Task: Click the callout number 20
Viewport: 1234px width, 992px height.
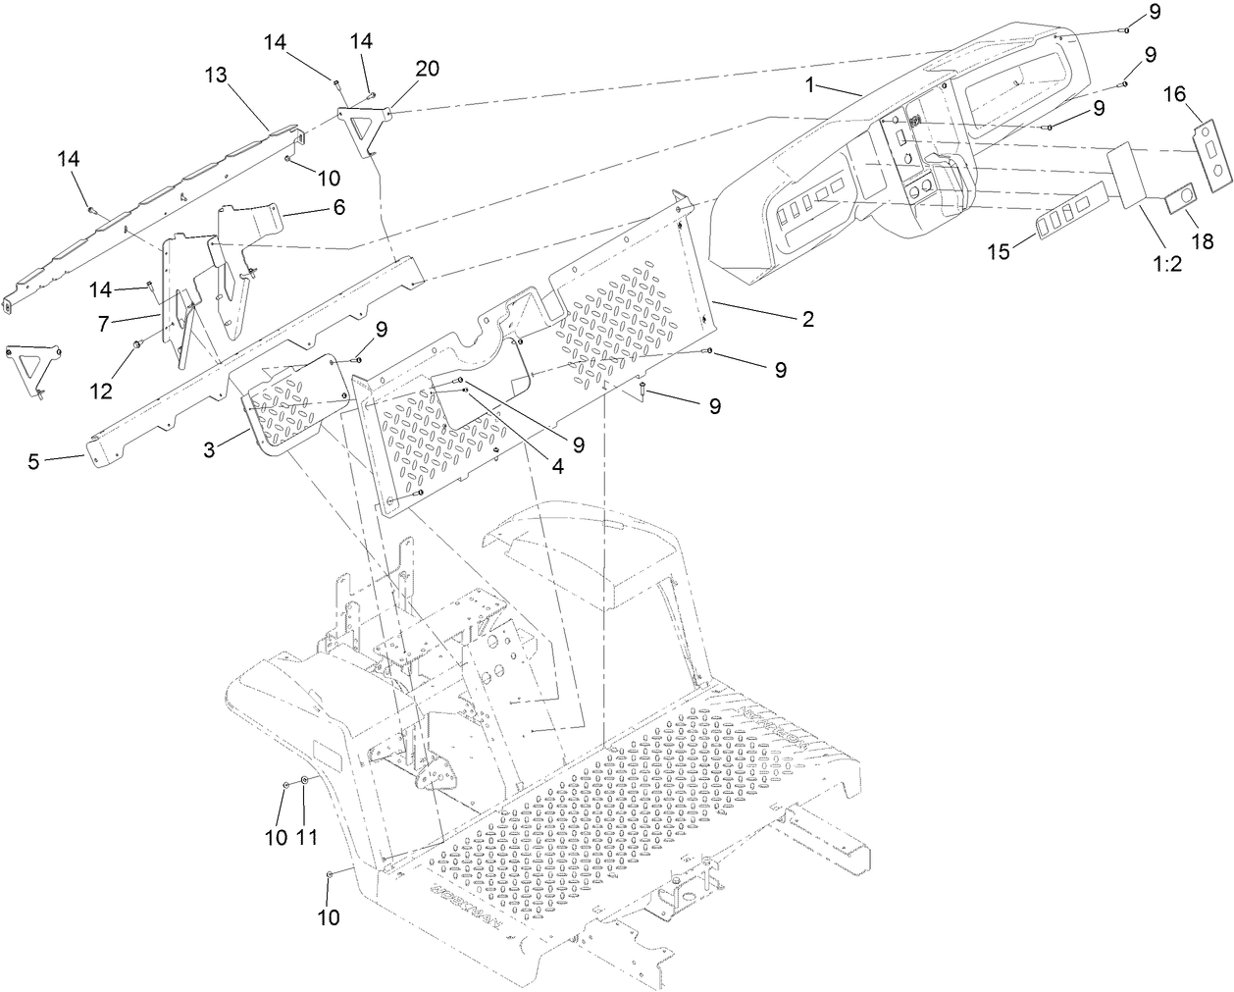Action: point(427,69)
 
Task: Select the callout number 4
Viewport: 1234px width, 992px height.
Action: point(556,468)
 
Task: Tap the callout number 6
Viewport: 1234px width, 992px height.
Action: point(338,208)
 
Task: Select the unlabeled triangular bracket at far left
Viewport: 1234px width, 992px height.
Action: point(32,370)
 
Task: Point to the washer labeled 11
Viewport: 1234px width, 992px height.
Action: point(305,781)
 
